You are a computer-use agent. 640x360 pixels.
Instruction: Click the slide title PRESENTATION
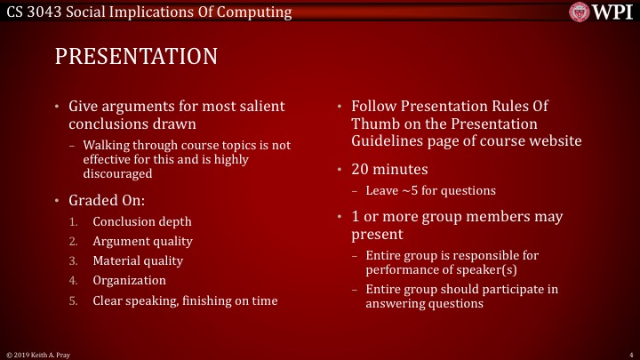coord(136,57)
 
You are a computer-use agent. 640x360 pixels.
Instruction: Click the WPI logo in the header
coord(601,12)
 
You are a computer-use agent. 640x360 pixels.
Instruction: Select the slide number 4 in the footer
coord(628,354)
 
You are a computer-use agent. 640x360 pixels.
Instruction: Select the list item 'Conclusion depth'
coord(142,221)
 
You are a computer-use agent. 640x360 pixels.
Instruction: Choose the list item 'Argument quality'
coord(142,241)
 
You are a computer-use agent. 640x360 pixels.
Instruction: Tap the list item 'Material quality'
coord(138,260)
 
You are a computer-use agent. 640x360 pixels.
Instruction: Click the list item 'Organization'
coord(129,280)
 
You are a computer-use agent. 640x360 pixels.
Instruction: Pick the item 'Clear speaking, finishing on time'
coord(185,300)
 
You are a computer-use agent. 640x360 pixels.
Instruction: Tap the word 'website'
coord(551,140)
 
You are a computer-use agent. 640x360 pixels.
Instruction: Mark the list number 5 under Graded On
coord(73,300)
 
